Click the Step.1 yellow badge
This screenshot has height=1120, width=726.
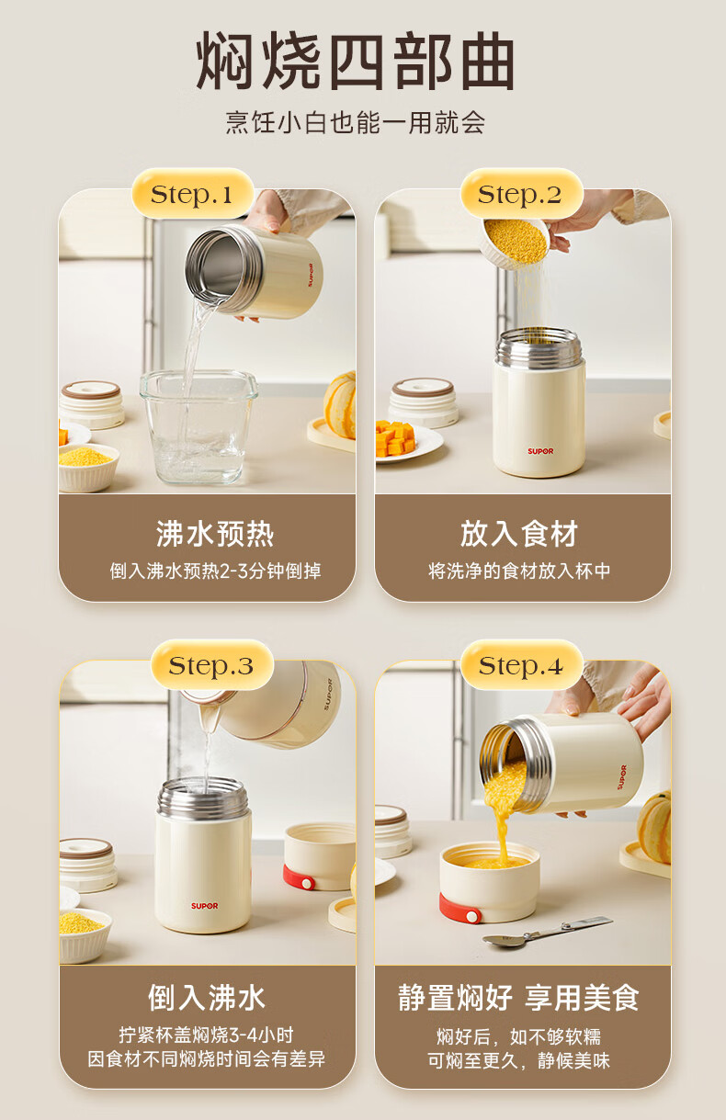point(192,194)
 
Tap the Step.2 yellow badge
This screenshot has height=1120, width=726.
point(521,194)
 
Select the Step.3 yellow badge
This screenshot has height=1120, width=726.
point(212,665)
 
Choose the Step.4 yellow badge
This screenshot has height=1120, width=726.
point(521,665)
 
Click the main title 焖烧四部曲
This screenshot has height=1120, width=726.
point(355,61)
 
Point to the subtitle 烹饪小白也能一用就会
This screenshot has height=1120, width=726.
point(356,122)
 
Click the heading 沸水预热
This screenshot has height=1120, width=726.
point(215,534)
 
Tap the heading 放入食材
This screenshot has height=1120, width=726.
point(519,534)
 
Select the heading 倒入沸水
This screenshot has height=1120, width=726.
point(207,998)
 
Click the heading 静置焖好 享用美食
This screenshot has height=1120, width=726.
point(518,998)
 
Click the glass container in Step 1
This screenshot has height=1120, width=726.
point(199,426)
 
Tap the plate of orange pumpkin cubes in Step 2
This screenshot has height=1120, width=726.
point(405,441)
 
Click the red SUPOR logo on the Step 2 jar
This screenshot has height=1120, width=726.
point(540,451)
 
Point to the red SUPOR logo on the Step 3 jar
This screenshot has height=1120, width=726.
point(205,906)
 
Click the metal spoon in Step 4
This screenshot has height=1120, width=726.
point(548,932)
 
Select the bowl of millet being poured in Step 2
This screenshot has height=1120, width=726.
point(515,242)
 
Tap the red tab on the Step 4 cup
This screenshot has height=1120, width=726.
point(460,909)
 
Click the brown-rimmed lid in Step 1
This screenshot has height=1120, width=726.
point(92,404)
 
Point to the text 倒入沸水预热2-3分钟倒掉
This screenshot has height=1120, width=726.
point(215,571)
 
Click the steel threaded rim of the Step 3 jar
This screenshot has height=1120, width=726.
point(202,797)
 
